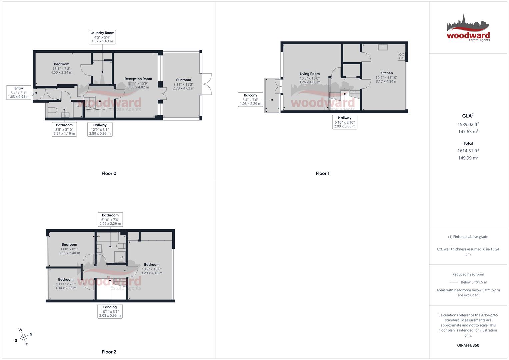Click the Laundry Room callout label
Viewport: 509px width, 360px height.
pos(102,37)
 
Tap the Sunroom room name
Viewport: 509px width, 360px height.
pos(183,80)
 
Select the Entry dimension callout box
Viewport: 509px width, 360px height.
pos(19,93)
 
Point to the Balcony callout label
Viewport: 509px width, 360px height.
pos(250,99)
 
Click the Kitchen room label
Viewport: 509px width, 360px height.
pos(386,73)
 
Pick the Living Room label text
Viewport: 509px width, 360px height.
pos(309,74)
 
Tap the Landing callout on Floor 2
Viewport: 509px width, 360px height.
pos(110,311)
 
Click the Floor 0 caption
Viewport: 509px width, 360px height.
pos(109,173)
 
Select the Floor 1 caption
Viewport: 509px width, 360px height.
pos(322,173)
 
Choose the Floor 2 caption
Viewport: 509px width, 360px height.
pos(109,352)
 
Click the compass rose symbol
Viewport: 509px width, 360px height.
pos(23,338)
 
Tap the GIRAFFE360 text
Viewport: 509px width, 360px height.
pos(468,345)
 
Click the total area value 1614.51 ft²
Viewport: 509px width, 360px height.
pos(468,151)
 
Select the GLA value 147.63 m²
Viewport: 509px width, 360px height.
pos(468,132)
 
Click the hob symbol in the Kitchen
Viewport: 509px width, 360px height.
pos(401,56)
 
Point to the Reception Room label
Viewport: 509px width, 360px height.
pos(138,79)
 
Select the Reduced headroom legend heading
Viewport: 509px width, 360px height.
pos(468,274)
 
